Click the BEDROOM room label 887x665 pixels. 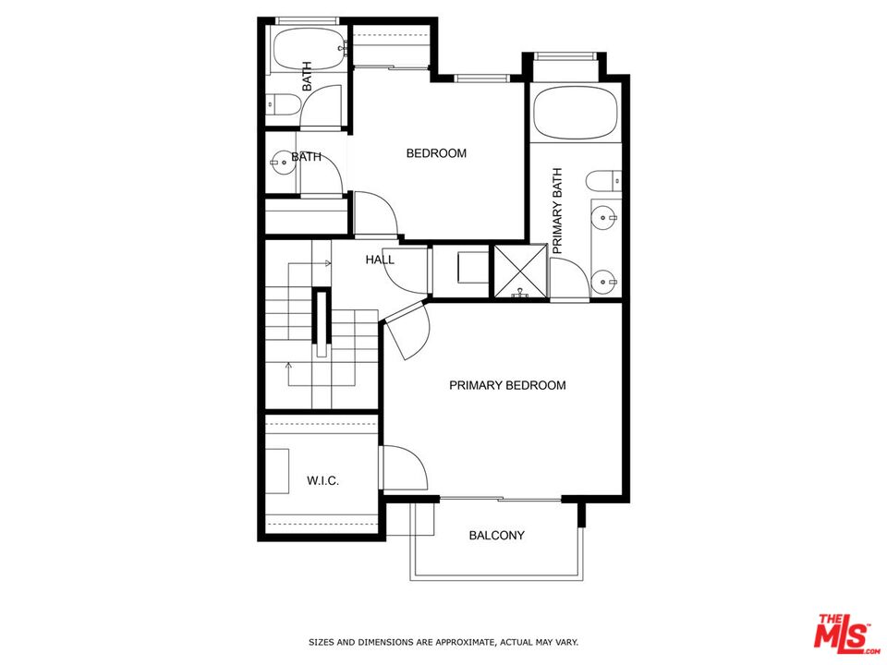[436, 153]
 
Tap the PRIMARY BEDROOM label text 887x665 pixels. [507, 385]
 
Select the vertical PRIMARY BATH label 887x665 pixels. [557, 212]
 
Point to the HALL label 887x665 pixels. [380, 260]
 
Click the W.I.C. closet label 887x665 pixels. [323, 481]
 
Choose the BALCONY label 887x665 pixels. [496, 536]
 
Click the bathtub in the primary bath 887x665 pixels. [578, 115]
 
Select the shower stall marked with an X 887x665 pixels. [521, 272]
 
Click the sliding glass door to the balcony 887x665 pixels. [500, 500]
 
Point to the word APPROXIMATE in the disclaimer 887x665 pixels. [456, 641]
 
